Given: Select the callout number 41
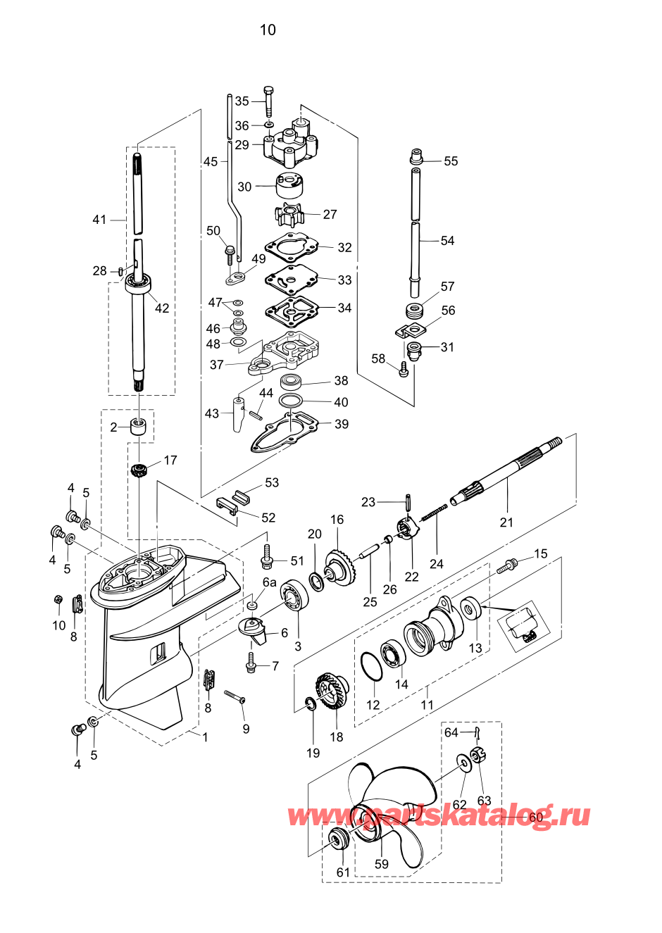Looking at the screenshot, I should coord(99,220).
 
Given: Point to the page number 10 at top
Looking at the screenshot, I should coord(268,30).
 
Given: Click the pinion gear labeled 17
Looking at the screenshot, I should coord(138,470).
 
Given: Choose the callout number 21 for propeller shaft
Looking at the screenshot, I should coord(506,522).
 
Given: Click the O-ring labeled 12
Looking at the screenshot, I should coord(371,667).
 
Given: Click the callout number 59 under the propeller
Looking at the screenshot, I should coord(381,864).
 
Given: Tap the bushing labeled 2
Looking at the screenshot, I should coord(139,426).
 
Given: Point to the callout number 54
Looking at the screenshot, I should coord(447,241).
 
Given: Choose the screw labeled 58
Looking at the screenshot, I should coord(404,369).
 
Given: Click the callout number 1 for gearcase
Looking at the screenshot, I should coord(205,737).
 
